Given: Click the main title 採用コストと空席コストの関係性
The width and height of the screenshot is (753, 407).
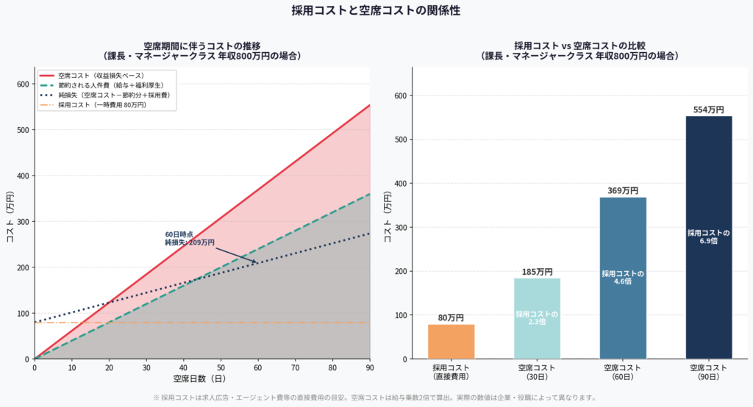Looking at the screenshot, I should coord(376,10).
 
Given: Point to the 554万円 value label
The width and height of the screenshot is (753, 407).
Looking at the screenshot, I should coord(709,109).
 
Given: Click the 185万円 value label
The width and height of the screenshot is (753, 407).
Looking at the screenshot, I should coord(537,272).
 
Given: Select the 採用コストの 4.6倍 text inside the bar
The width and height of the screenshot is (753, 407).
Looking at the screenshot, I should coord(623,277).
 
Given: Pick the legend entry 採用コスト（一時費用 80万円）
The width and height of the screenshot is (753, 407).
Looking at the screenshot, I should coord(102,105).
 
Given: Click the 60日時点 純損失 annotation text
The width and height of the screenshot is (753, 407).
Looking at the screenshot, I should coord(190,238).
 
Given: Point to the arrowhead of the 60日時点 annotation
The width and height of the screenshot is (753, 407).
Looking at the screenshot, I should coord(257,262).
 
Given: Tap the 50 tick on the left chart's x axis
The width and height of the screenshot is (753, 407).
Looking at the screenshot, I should coord(221,367).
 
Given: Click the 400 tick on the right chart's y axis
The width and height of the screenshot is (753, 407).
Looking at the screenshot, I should coord(398,183).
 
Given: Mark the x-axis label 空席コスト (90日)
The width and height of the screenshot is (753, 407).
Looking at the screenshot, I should coord(709,372).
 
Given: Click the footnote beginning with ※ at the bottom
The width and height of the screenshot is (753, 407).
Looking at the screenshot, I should coord(376,397).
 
